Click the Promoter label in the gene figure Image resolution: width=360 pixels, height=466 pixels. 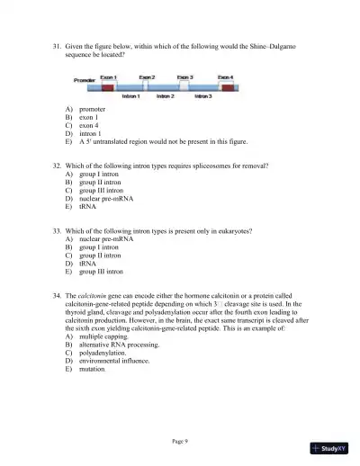coord(84,80)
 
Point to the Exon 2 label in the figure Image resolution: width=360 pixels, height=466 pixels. coord(146,77)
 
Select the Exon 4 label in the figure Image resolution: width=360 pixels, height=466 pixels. coord(226,77)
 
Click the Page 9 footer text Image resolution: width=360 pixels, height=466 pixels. coord(179,441)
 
